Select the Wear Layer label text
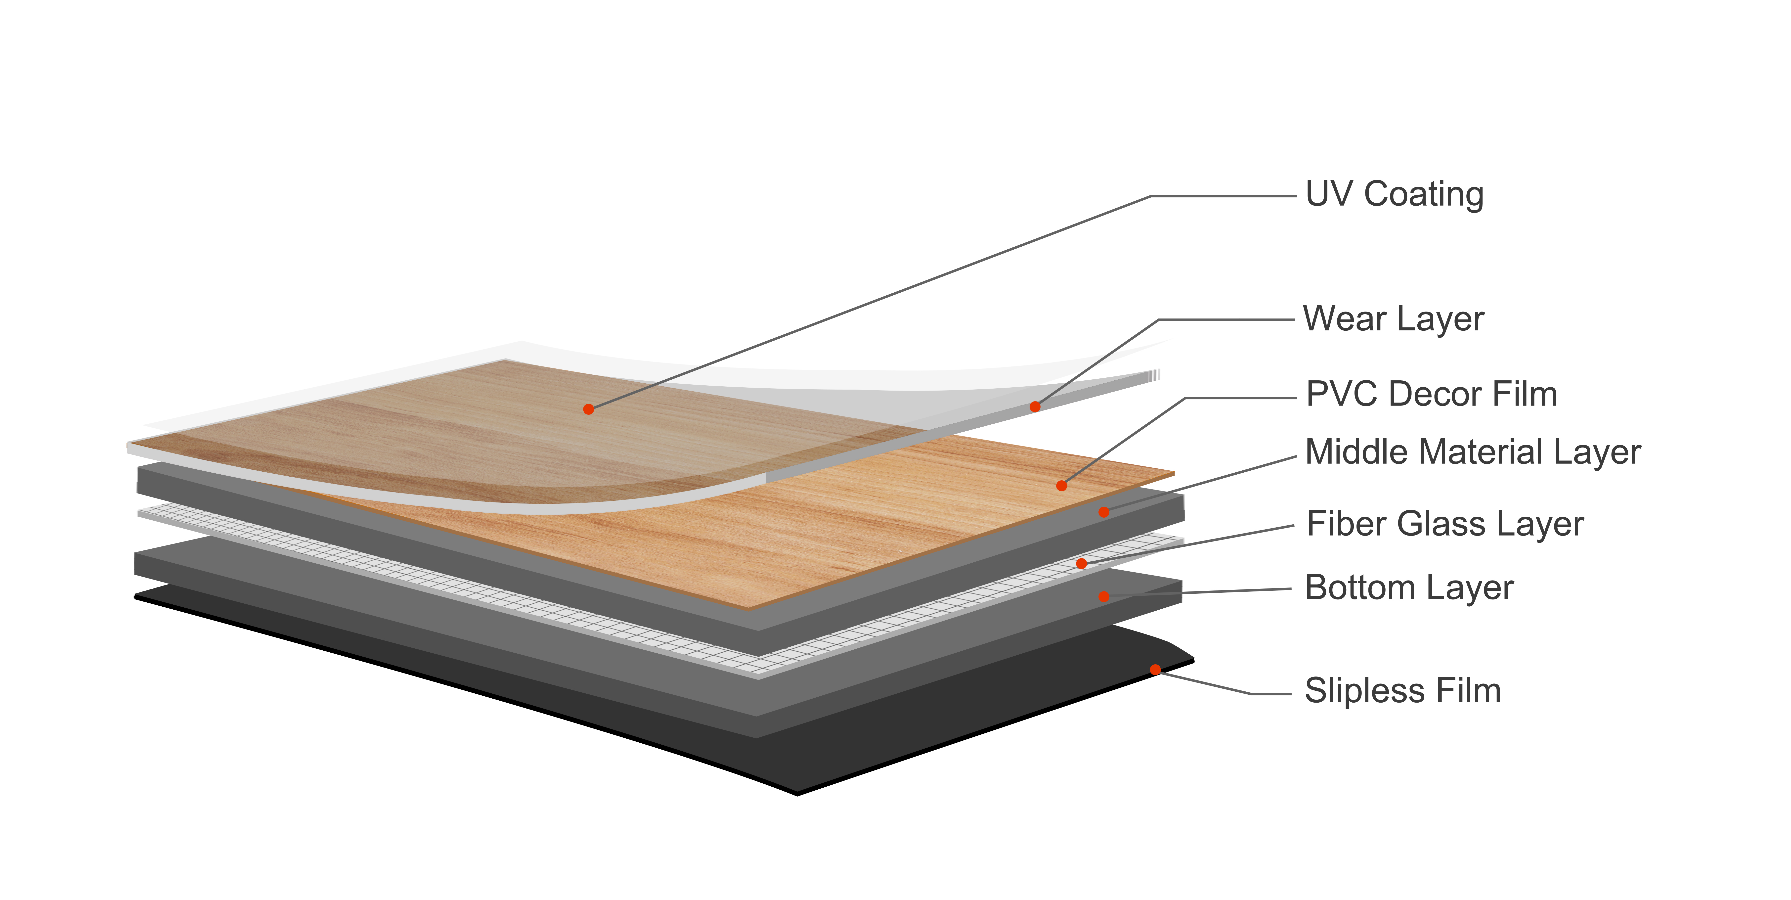pyautogui.click(x=1393, y=319)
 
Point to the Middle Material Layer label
pyautogui.click(x=1473, y=453)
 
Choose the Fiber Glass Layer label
pyautogui.click(x=1445, y=524)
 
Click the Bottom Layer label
pyautogui.click(x=1409, y=588)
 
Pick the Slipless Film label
pyautogui.click(x=1402, y=691)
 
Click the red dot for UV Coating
pyautogui.click(x=588, y=409)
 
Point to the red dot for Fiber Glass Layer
pyautogui.click(x=1081, y=563)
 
